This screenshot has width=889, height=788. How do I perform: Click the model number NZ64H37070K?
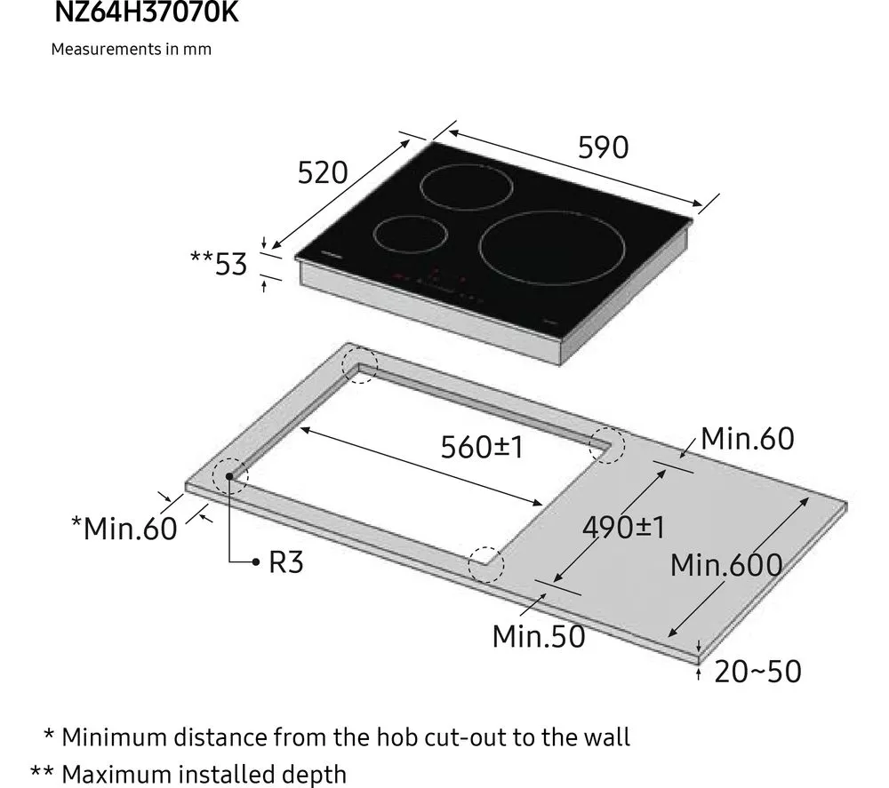click(x=147, y=12)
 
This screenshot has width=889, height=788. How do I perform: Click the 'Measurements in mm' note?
click(x=131, y=49)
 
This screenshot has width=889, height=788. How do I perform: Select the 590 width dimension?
click(x=603, y=147)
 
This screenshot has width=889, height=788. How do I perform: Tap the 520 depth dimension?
click(x=322, y=172)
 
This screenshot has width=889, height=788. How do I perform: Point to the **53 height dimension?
click(x=219, y=263)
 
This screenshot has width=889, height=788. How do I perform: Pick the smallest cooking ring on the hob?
click(x=409, y=234)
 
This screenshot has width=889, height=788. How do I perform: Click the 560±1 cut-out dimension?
click(x=482, y=447)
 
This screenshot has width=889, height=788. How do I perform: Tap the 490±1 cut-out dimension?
click(x=623, y=527)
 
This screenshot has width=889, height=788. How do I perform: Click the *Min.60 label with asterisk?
click(x=124, y=529)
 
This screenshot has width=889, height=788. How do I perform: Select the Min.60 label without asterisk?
click(x=747, y=438)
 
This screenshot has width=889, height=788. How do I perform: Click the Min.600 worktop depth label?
click(x=726, y=564)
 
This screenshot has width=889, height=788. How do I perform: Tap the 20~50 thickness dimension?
click(x=757, y=671)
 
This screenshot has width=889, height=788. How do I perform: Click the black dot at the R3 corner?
click(x=229, y=477)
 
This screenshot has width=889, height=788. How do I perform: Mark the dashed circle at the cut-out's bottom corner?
click(x=485, y=563)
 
